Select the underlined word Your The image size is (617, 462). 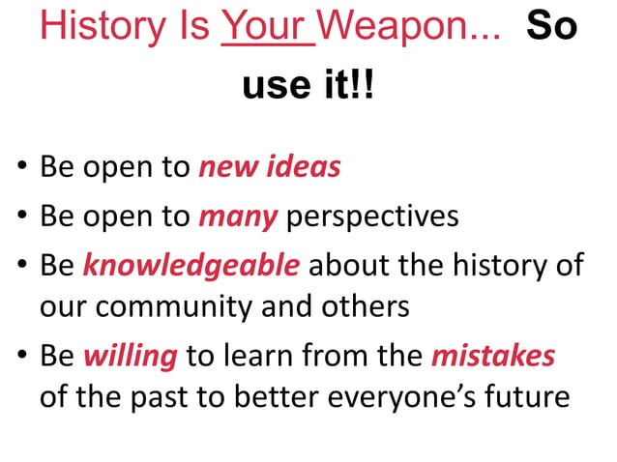[267, 30]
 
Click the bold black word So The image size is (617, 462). [551, 30]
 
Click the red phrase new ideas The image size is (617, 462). [269, 167]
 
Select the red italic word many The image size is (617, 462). [238, 216]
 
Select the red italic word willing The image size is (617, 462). [131, 356]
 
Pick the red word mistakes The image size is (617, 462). [493, 356]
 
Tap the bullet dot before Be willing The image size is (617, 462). [20, 358]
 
